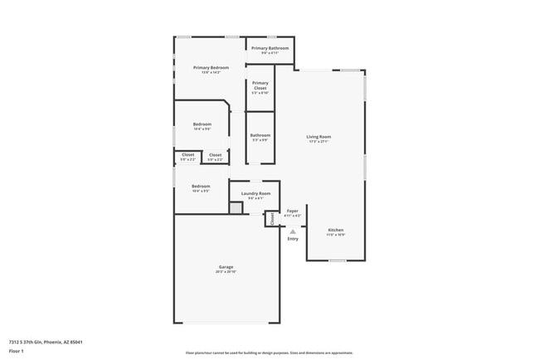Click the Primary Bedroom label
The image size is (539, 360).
pyautogui.click(x=211, y=67)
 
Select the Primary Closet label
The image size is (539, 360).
pyautogui.click(x=260, y=84)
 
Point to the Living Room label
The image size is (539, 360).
pyautogui.click(x=318, y=137)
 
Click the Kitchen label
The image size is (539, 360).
pyautogui.click(x=336, y=230)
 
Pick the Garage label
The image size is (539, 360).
pyautogui.click(x=226, y=267)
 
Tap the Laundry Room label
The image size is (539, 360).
pyautogui.click(x=255, y=193)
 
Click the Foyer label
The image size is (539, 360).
pyautogui.click(x=293, y=211)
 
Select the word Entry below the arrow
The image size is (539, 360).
pyautogui.click(x=293, y=239)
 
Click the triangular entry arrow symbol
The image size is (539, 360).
pyautogui.click(x=293, y=231)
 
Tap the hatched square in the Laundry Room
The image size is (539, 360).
pyautogui.click(x=236, y=208)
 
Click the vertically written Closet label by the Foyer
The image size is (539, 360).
pyautogui.click(x=271, y=219)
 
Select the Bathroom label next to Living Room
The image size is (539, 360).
pyautogui.click(x=260, y=135)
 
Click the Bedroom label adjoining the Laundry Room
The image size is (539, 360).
pyautogui.click(x=201, y=187)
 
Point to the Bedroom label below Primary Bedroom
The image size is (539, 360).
pyautogui.click(x=202, y=124)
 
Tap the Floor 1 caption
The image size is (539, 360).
pyautogui.click(x=17, y=352)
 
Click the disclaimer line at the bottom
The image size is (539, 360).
pyautogui.click(x=269, y=353)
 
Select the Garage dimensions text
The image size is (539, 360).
pyautogui.click(x=226, y=272)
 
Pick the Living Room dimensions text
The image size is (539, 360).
pyautogui.click(x=318, y=142)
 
